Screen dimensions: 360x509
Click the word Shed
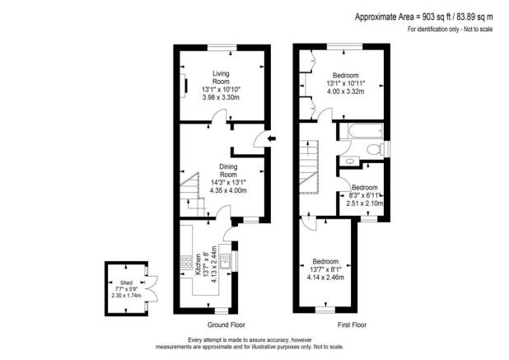(x=125, y=282)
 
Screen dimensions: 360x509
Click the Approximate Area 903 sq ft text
(x=423, y=16)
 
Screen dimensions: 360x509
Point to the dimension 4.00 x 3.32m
(x=345, y=91)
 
